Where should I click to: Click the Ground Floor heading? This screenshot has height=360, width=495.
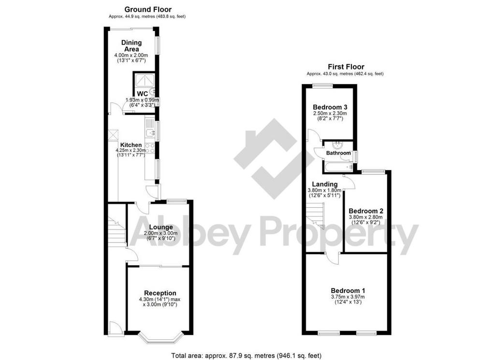click(x=148, y=10)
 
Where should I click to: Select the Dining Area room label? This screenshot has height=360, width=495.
click(x=131, y=46)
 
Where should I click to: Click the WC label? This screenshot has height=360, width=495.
click(x=143, y=94)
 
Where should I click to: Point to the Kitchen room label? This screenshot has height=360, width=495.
click(x=131, y=145)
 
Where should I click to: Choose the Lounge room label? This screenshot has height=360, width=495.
click(x=161, y=227)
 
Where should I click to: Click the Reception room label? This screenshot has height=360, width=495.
click(x=160, y=293)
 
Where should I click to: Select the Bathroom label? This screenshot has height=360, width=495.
click(x=338, y=153)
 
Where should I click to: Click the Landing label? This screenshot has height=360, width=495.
click(x=325, y=184)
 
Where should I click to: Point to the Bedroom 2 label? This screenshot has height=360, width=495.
click(x=366, y=211)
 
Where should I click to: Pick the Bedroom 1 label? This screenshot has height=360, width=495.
click(x=348, y=290)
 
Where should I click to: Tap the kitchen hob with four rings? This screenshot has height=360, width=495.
click(x=150, y=148)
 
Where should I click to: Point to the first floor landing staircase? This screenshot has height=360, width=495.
click(x=315, y=216)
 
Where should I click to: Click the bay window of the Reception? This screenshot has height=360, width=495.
click(x=161, y=337)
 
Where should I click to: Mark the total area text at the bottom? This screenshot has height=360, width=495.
click(x=246, y=356)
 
